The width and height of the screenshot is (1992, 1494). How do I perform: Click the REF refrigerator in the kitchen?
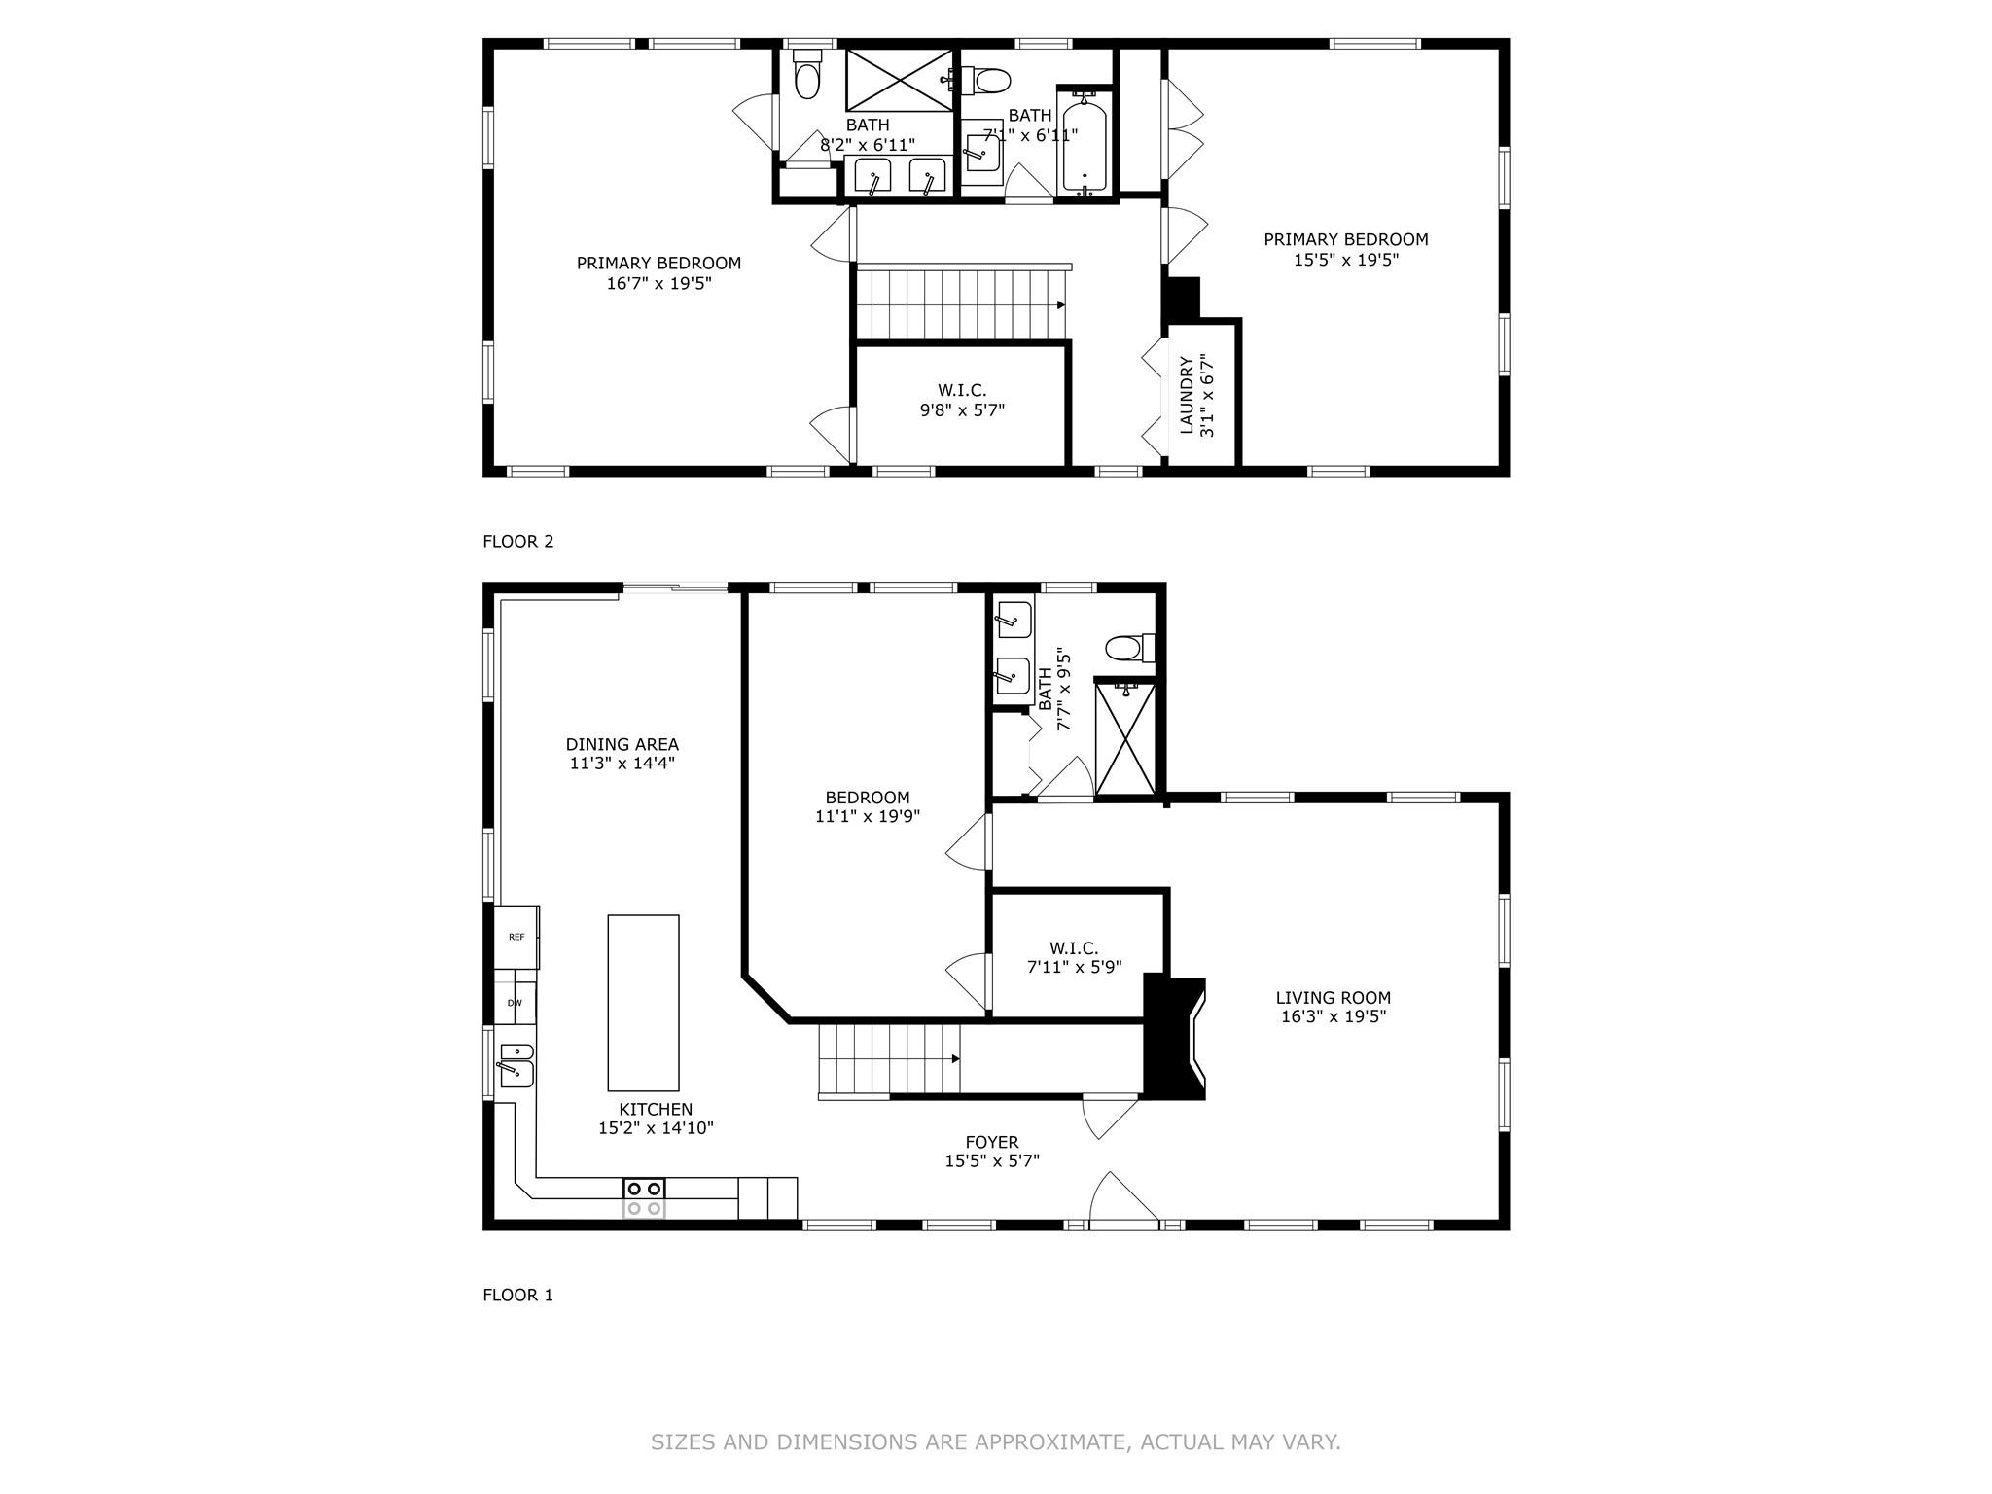point(516,937)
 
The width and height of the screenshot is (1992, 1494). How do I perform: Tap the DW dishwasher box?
point(515,1003)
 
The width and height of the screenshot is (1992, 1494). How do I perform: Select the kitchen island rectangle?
point(643,1003)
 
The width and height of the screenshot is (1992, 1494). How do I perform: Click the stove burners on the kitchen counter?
point(644,1197)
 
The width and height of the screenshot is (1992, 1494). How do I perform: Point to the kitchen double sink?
point(515,1064)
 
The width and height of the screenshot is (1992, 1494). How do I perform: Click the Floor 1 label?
point(517,1295)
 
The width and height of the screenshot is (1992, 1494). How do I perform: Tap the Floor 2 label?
point(517,541)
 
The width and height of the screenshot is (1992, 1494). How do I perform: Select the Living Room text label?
point(1333,997)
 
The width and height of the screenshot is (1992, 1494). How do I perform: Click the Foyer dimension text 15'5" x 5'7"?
point(992,1160)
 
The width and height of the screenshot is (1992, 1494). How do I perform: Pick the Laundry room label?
point(1186,395)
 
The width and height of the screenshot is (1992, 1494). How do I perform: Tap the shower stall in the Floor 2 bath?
point(899,80)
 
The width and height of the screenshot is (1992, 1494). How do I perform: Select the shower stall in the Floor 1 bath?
point(1125,739)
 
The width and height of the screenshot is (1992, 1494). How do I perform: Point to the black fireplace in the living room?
point(1174,1038)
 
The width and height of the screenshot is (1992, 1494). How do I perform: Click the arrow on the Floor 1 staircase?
point(956,1059)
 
